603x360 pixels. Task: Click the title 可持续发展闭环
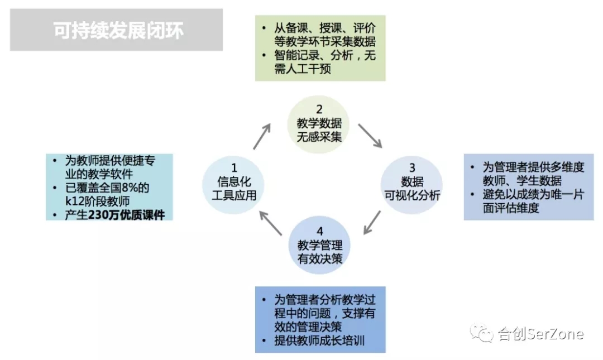click(118, 30)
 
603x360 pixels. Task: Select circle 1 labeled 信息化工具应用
click(233, 185)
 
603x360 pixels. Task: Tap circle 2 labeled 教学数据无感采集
click(319, 124)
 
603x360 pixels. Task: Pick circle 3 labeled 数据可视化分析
click(411, 185)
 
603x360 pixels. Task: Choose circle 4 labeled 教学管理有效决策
click(319, 245)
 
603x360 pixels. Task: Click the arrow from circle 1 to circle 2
click(262, 136)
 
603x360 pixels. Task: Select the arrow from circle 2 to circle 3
click(370, 136)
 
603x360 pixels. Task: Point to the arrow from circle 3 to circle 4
click(372, 222)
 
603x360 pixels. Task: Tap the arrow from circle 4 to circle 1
click(271, 223)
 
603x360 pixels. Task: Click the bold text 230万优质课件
click(127, 215)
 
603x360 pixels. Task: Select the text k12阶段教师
click(97, 201)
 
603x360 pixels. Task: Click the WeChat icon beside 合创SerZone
click(481, 333)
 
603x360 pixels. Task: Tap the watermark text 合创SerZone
click(540, 333)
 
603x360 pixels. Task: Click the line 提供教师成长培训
click(319, 340)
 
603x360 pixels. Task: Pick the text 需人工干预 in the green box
click(302, 69)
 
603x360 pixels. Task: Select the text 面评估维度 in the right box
click(511, 208)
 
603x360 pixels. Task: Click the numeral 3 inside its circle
click(412, 167)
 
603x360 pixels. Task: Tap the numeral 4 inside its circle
click(319, 231)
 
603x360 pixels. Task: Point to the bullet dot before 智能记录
click(264, 56)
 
